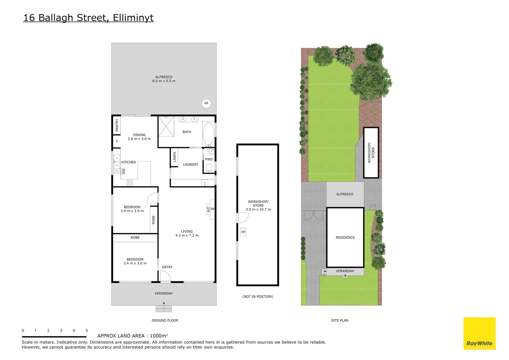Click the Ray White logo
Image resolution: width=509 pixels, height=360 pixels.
pyautogui.click(x=479, y=334)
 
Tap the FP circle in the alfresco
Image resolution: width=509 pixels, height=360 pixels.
pyautogui.click(x=206, y=103)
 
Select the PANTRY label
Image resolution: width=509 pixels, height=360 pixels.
pyautogui.click(x=117, y=125)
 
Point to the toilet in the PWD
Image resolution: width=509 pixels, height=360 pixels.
pyautogui.click(x=209, y=168)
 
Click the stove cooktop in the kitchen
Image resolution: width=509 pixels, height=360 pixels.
pyautogui.click(x=130, y=183)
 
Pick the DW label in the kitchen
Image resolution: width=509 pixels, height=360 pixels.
pyautogui.click(x=124, y=171)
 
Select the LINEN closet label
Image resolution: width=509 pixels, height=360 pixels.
pyautogui.click(x=175, y=157)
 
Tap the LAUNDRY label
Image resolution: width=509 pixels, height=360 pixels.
pyautogui.click(x=191, y=165)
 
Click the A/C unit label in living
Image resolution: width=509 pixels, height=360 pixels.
pyautogui.click(x=209, y=209)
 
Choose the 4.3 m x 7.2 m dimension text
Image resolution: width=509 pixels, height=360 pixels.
pyautogui.click(x=187, y=236)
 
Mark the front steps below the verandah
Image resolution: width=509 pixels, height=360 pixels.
pyautogui.click(x=164, y=309)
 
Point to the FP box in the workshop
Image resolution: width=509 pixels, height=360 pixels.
pyautogui.click(x=243, y=232)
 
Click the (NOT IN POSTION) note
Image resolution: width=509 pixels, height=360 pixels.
pyautogui.click(x=257, y=297)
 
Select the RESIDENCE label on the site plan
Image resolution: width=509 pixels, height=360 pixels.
pyautogui.click(x=345, y=238)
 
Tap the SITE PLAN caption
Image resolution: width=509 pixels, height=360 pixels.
pyautogui.click(x=340, y=321)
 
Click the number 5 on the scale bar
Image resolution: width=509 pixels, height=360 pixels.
pyautogui.click(x=87, y=331)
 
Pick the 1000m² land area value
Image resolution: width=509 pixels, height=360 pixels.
pyautogui.click(x=159, y=336)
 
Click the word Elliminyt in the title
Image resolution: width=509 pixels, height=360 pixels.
pyautogui.click(x=133, y=18)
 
